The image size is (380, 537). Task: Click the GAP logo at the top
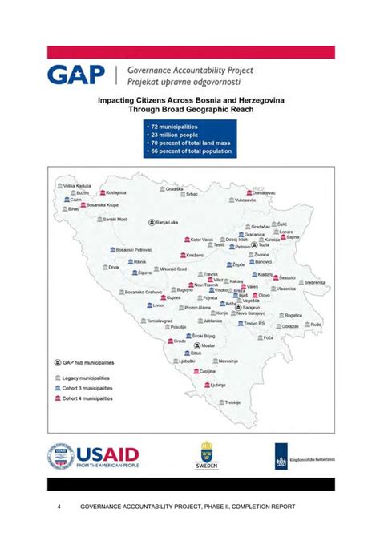point(76,75)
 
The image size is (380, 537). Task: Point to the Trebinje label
point(232,402)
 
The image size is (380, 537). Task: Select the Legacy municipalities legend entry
point(87,378)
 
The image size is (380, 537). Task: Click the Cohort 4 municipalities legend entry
point(87,398)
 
